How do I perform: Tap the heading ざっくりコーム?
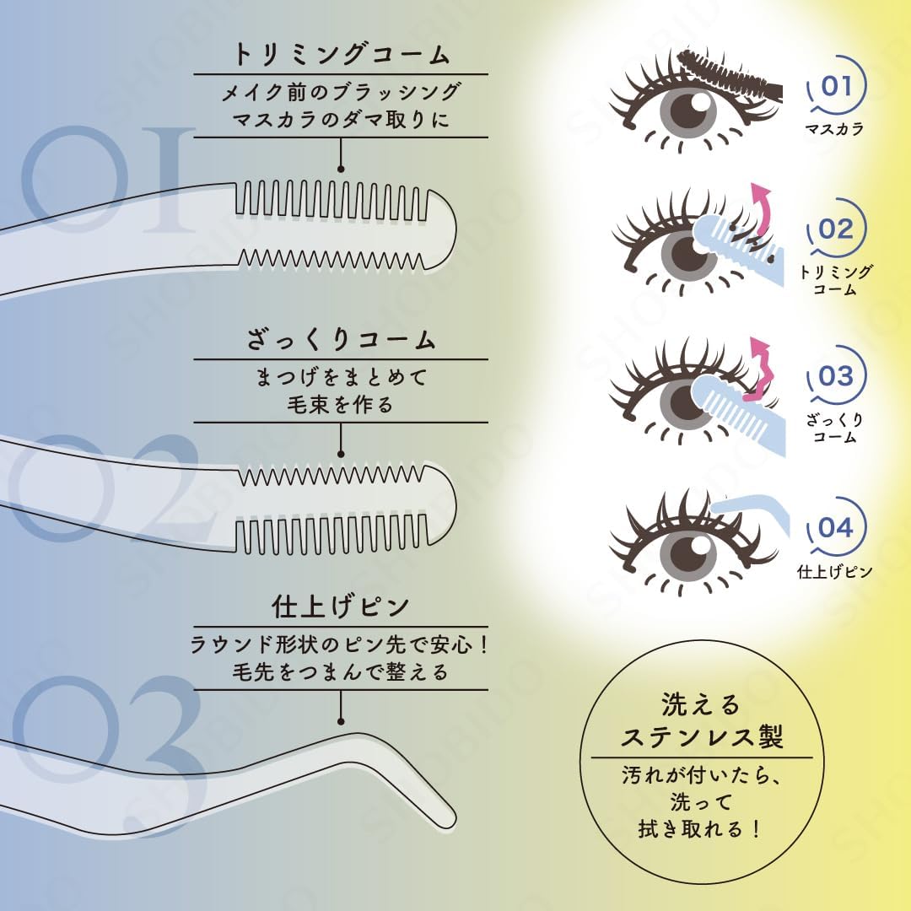[341, 341]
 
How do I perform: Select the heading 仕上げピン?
[341, 606]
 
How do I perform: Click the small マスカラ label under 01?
[834, 130]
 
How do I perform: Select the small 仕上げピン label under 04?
[834, 571]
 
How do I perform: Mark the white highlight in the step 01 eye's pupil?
[699, 102]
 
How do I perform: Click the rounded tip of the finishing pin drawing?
[447, 817]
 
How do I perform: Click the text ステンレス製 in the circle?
[702, 737]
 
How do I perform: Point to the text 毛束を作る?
[341, 404]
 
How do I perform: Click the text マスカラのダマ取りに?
[341, 119]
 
